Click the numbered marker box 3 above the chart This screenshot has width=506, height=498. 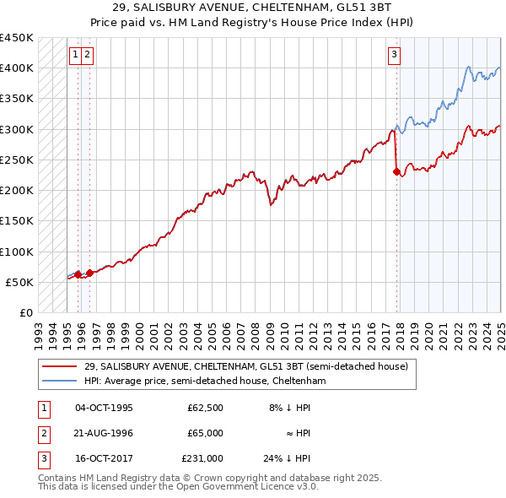click(x=394, y=56)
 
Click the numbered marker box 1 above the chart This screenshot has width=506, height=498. click(x=75, y=56)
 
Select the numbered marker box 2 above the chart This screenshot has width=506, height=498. click(x=88, y=56)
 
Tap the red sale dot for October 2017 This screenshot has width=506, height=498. click(x=396, y=171)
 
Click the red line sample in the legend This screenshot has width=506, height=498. click(x=61, y=367)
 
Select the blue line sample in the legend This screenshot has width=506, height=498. click(x=61, y=382)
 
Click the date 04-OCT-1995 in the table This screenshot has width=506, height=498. click(x=104, y=407)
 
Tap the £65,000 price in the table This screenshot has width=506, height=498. click(x=205, y=433)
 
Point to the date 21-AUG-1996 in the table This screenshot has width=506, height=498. click(x=104, y=433)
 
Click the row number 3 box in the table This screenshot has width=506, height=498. click(x=42, y=459)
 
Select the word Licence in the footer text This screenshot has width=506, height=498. click(x=272, y=487)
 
